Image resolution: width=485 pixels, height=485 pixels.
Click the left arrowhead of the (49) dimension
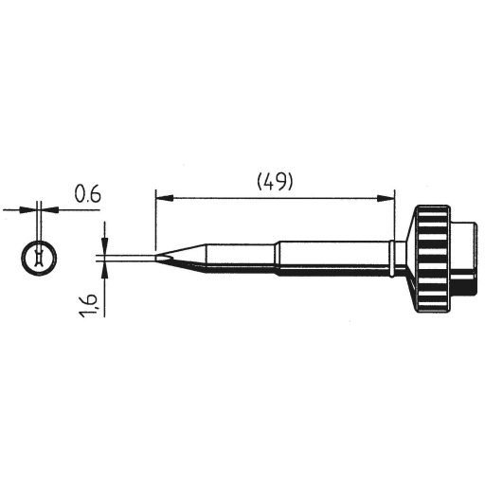(x=161, y=198)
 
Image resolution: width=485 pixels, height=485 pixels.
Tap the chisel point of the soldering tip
(x=156, y=256)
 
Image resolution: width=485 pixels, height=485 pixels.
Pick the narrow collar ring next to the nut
(x=395, y=256)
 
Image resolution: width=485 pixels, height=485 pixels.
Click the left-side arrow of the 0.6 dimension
(x=28, y=207)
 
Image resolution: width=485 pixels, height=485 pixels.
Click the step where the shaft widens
(x=275, y=256)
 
